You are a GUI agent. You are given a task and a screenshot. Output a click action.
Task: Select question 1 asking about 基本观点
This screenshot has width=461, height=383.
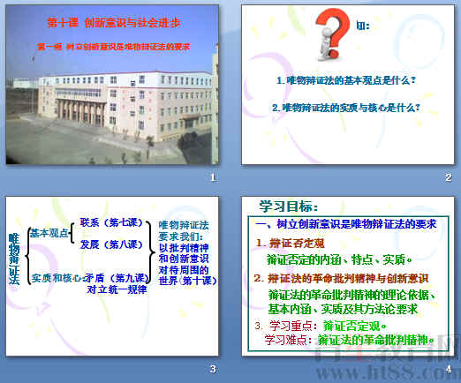[345, 80]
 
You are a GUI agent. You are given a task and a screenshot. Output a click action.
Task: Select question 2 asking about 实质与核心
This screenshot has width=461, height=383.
[345, 108]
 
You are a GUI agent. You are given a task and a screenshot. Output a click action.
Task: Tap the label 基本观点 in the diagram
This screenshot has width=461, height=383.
[47, 234]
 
